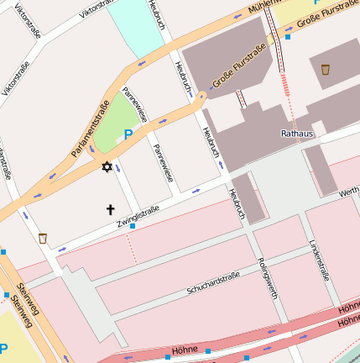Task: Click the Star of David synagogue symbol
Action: (x=106, y=167)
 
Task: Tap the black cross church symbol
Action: (x=110, y=208)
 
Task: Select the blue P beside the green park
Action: (x=128, y=134)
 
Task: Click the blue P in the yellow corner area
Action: (x=3, y=349)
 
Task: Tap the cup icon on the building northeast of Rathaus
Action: (x=326, y=70)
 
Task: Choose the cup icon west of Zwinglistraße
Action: (x=42, y=239)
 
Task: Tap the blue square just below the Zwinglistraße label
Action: (x=133, y=227)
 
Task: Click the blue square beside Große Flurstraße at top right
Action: (x=288, y=37)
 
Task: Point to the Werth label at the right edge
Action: (x=348, y=193)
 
